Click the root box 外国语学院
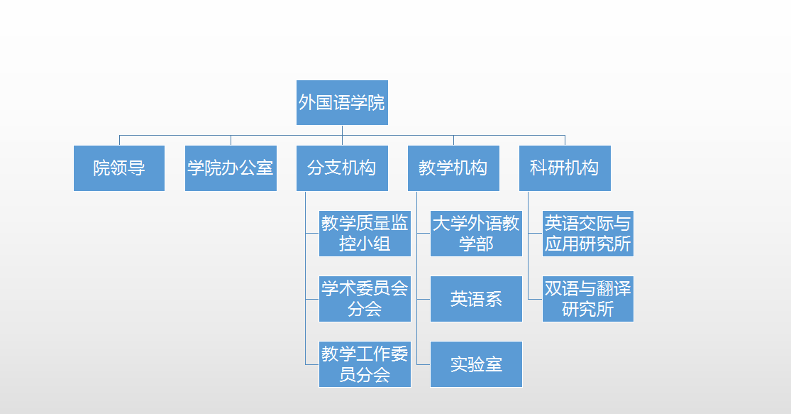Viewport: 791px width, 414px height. coord(342,102)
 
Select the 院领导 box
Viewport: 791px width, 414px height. coord(119,168)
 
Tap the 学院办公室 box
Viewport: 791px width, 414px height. coord(231,168)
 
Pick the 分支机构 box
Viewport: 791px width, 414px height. coord(342,168)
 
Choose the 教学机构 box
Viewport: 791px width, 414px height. coord(453,168)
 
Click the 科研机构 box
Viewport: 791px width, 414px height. coord(565,168)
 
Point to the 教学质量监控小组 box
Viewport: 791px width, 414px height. coord(365,234)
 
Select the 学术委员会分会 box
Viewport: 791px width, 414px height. coord(365,299)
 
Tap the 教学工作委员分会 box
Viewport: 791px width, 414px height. coord(365,364)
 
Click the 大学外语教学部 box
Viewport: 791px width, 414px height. coord(476,234)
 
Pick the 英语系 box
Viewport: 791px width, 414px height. coord(476,299)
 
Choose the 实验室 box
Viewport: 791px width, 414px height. coord(476,364)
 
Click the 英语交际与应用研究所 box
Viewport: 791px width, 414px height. coord(587,234)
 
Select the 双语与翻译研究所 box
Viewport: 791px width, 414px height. coord(587,299)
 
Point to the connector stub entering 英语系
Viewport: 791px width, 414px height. coord(424,300)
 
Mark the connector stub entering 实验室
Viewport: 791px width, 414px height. coord(424,364)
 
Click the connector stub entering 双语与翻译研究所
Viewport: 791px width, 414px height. coord(535,300)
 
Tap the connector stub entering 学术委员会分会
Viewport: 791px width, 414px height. coord(312,300)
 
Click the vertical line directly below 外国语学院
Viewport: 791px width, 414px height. coord(342,130)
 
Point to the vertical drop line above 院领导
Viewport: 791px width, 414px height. coord(120,141)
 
